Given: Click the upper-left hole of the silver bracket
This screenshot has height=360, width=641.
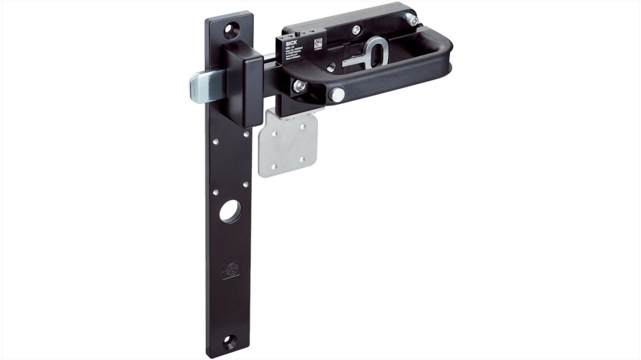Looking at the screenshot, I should click(274, 133).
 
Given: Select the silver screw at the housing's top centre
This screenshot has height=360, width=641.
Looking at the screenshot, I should click(357, 30).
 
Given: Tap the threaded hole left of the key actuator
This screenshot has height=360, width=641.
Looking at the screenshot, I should click(331, 66).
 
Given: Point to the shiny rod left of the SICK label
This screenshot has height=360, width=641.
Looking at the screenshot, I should click(269, 56).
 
